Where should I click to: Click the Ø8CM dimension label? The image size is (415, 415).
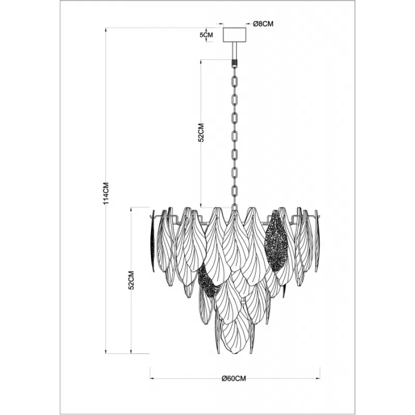[263, 24]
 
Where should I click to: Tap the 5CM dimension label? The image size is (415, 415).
[206, 35]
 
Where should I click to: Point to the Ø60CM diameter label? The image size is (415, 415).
[234, 379]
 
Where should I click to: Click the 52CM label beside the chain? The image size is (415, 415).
[201, 133]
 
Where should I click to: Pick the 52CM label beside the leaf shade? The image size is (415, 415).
[131, 280]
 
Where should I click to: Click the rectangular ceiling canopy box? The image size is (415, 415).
[235, 35]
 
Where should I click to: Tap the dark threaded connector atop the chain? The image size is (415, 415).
[234, 63]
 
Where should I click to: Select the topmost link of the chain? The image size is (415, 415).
[234, 81]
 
